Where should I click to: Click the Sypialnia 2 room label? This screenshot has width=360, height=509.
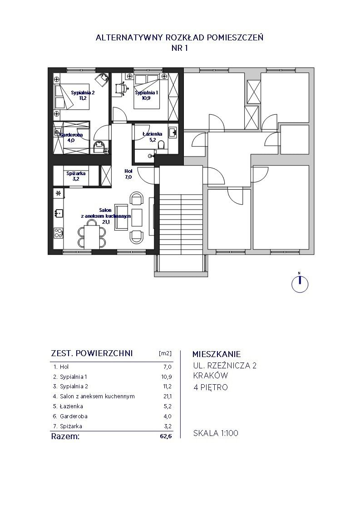[83, 93]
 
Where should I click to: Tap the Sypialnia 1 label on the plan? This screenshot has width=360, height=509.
[147, 93]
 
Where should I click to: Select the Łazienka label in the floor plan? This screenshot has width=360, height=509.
[153, 134]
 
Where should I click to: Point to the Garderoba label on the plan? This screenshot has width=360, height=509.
[71, 135]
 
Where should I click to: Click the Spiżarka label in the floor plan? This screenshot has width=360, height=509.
[76, 173]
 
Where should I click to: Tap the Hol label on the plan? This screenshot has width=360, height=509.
[128, 171]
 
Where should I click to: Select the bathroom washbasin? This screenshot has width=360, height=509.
[173, 132]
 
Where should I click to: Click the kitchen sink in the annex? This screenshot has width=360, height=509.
[59, 213]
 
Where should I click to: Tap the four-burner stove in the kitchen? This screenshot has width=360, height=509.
[59, 233]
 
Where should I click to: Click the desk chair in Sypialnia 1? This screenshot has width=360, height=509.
[121, 88]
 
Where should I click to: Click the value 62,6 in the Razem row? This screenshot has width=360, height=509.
[166, 436]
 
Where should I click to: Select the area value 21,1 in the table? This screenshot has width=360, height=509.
[168, 396]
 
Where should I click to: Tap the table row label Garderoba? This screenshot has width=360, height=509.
[74, 416]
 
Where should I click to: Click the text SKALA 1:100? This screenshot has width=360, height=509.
[216, 433]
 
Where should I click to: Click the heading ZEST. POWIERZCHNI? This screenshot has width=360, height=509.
[92, 353]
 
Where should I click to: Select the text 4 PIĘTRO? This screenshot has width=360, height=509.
[211, 387]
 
